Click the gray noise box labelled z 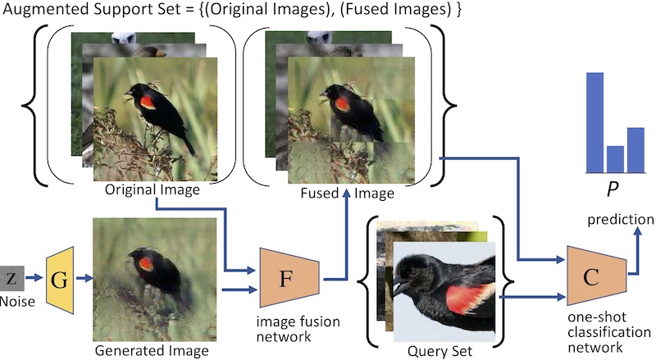coord(11,279)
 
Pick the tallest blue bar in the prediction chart coord(594,122)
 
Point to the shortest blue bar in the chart coord(615,158)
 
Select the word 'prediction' coord(619,220)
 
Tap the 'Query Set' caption coord(440,351)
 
